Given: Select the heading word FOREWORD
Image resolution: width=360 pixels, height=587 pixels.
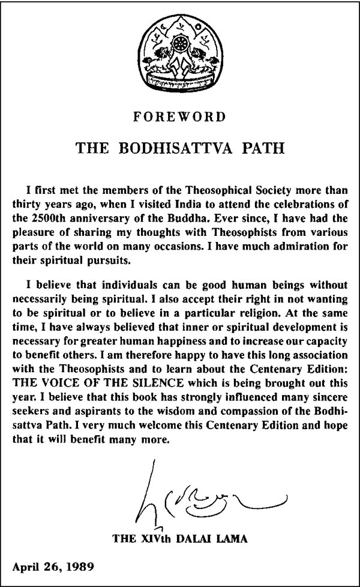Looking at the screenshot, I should click(179, 117).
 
